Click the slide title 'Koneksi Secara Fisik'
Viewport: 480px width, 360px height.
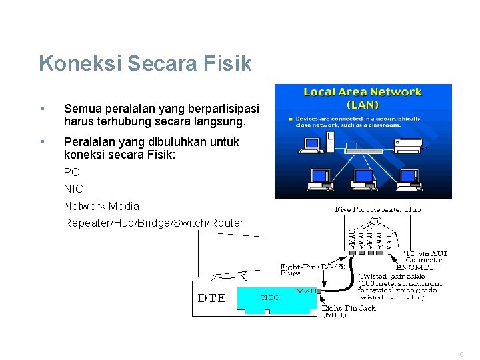coord(145,63)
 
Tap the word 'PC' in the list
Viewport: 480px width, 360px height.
coord(71,172)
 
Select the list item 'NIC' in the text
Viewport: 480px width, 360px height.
coord(73,189)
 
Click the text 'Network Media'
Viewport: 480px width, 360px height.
coord(101,206)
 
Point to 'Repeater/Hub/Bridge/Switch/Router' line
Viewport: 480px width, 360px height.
coord(153,223)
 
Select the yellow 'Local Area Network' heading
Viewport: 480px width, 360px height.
coord(363,92)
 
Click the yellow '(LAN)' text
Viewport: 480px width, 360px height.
coord(363,105)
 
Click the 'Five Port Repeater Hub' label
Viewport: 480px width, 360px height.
coord(377,209)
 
